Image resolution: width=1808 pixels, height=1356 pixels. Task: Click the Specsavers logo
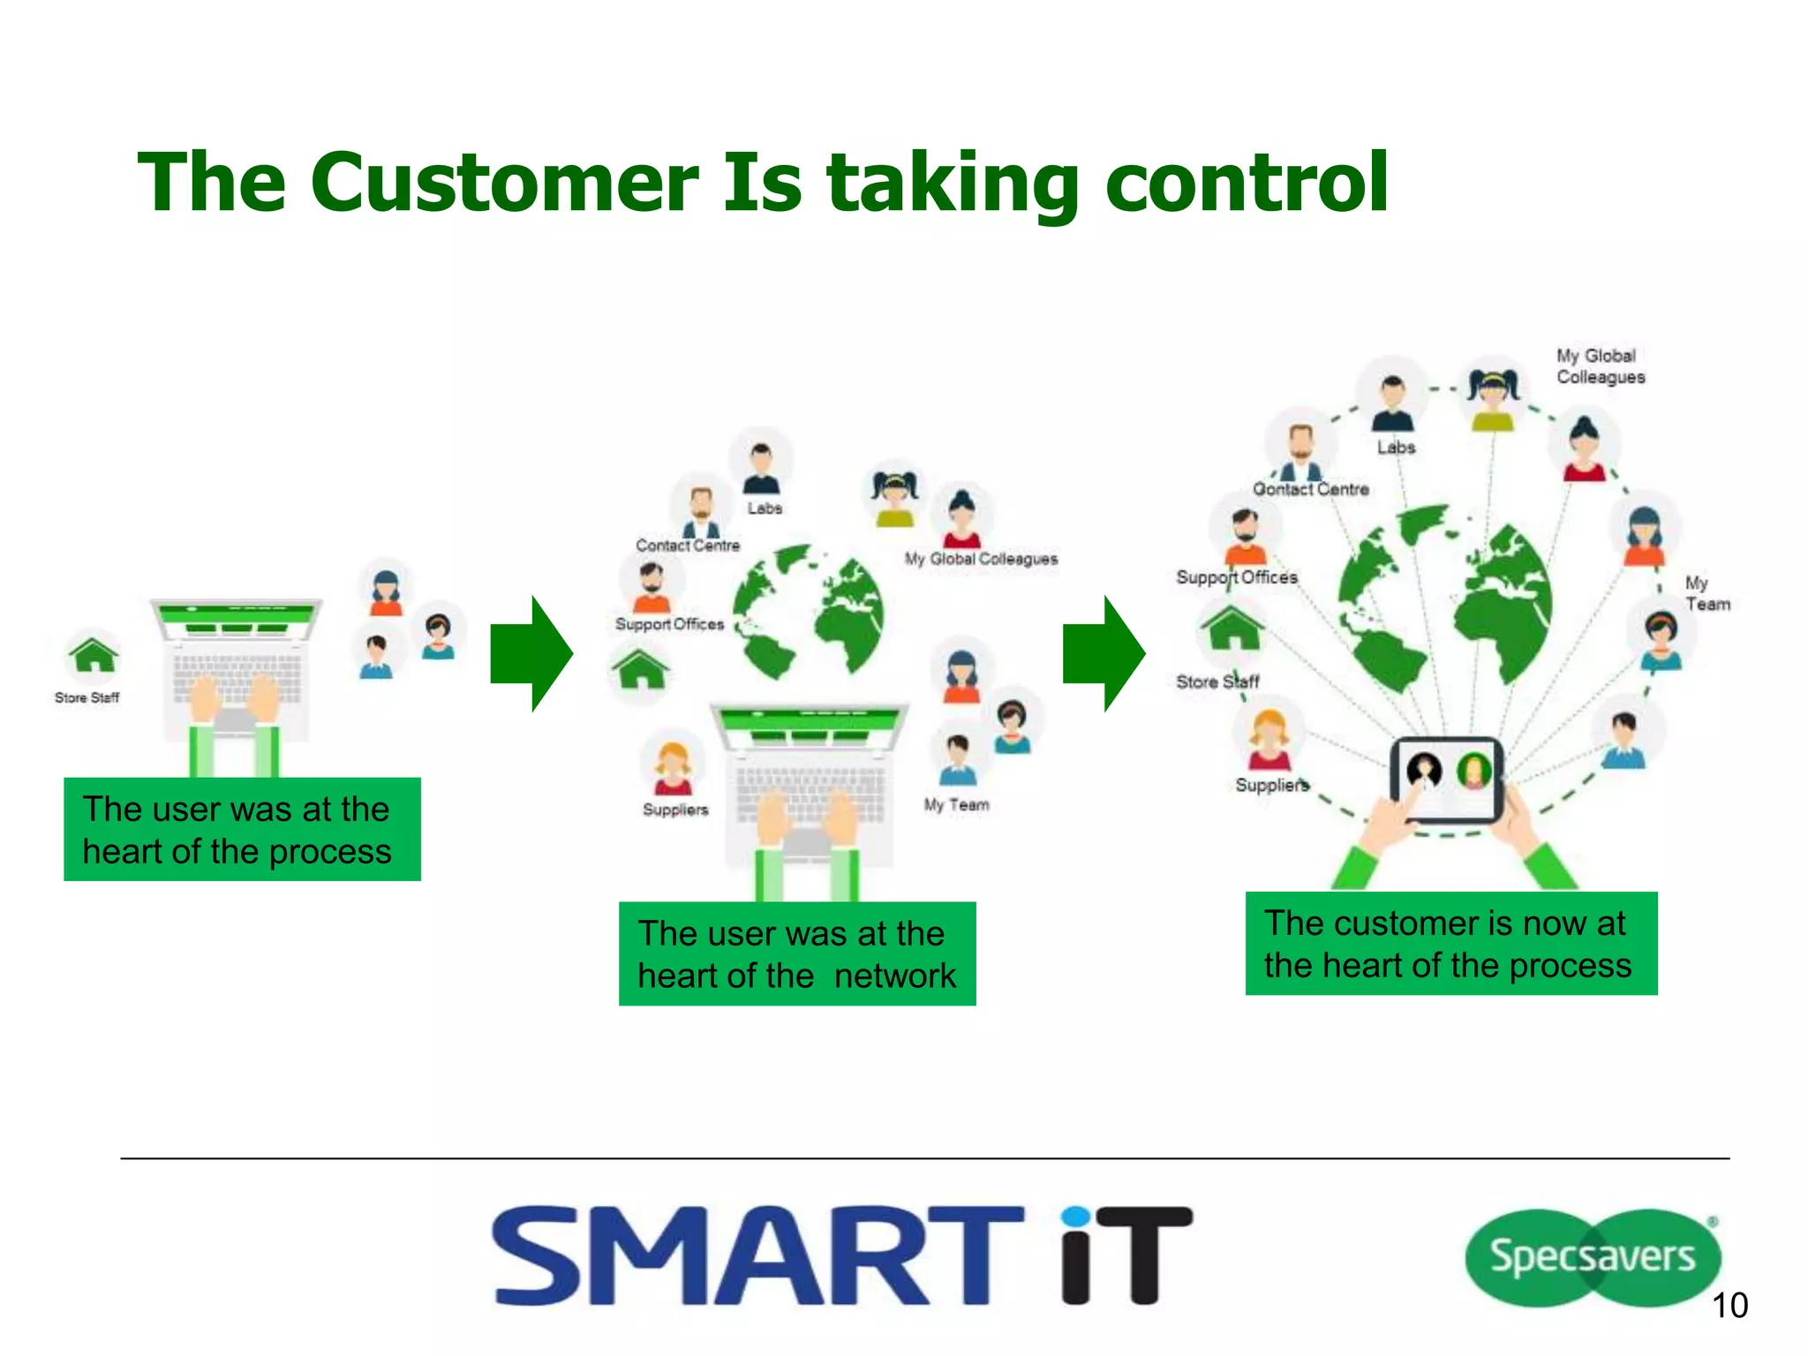click(1592, 1256)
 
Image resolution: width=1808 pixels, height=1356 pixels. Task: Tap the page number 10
click(1729, 1306)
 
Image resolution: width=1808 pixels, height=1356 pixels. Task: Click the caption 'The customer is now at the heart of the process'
click(1450, 944)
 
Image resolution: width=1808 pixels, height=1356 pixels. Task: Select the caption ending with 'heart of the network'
click(797, 954)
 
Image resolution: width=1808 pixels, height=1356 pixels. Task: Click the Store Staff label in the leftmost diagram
click(87, 697)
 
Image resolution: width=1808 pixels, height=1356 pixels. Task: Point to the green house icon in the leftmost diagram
click(93, 656)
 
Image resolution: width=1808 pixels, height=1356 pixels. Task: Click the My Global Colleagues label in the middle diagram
click(981, 559)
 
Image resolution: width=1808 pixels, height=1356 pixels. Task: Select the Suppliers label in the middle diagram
click(675, 810)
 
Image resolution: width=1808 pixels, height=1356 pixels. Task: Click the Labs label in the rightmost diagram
click(1396, 448)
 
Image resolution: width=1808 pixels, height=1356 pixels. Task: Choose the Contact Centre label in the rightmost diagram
click(1311, 489)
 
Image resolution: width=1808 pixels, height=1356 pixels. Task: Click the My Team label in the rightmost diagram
click(1706, 593)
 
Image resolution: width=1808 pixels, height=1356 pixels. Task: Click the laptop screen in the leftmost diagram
click(237, 621)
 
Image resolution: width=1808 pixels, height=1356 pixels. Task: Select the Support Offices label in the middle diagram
click(669, 624)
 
